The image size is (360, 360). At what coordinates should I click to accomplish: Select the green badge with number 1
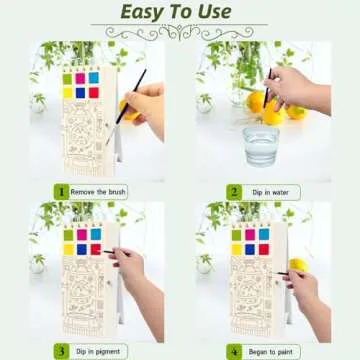pos(60,191)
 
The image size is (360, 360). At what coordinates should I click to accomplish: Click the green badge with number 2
pos(233,191)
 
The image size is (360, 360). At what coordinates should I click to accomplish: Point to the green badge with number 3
pos(60,351)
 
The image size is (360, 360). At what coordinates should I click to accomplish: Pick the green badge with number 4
pos(233,351)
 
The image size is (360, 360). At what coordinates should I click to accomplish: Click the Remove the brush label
pos(98,191)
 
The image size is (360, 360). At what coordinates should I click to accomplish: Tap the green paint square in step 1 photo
pos(65,77)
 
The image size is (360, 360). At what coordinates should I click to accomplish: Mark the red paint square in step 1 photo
pos(95,92)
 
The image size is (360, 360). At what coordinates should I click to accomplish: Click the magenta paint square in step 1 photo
pos(80,77)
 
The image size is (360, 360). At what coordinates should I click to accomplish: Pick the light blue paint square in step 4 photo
pos(264,236)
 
